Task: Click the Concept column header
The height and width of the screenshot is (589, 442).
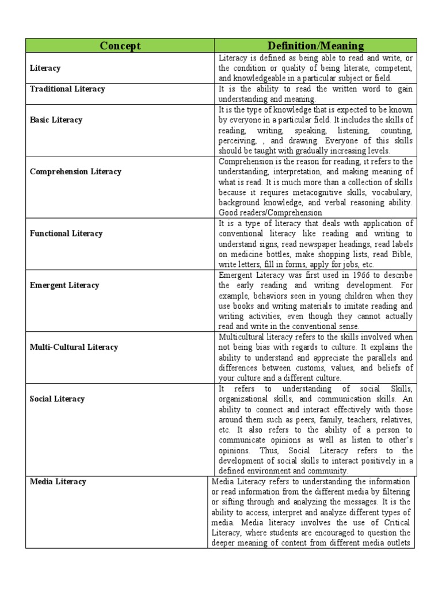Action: pyautogui.click(x=120, y=46)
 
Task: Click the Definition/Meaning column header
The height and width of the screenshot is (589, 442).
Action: pyautogui.click(x=315, y=46)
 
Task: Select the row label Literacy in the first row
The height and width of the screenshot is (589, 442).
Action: pyautogui.click(x=45, y=68)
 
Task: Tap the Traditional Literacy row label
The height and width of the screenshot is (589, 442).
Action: pyautogui.click(x=67, y=89)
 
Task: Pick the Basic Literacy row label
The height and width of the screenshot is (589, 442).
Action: pyautogui.click(x=56, y=120)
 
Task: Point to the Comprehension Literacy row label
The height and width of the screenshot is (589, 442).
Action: pyautogui.click(x=75, y=171)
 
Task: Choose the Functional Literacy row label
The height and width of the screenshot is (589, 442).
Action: pyautogui.click(x=66, y=234)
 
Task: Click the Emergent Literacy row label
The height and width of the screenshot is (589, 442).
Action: pyautogui.click(x=64, y=285)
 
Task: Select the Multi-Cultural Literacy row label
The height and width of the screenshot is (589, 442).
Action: pyautogui.click(x=74, y=347)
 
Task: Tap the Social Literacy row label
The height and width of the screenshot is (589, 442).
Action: pyautogui.click(x=57, y=399)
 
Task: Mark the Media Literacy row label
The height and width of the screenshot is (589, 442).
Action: pyautogui.click(x=58, y=481)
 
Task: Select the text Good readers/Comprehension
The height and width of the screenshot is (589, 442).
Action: pyautogui.click(x=270, y=213)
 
